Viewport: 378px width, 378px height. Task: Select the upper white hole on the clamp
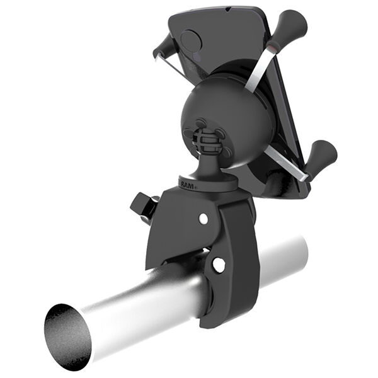pyautogui.click(x=203, y=219)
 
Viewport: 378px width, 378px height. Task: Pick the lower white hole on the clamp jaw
pyautogui.click(x=218, y=265)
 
